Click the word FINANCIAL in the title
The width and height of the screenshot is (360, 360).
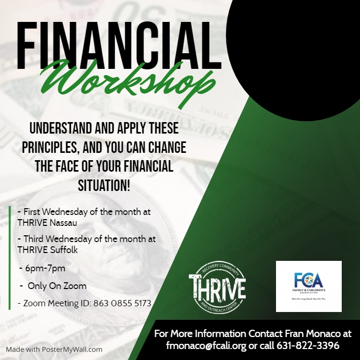pyautogui.click(x=115, y=44)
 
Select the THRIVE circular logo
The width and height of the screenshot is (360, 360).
pyautogui.click(x=217, y=287)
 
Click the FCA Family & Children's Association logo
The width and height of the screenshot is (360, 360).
pyautogui.click(x=308, y=286)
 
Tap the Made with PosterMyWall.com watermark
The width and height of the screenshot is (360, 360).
pyautogui.click(x=54, y=350)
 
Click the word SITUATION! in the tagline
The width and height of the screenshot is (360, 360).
pyautogui.click(x=104, y=185)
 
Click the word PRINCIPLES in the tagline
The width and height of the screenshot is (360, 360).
pyautogui.click(x=49, y=148)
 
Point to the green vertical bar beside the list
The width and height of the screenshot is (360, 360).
pyautogui.click(x=9, y=258)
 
